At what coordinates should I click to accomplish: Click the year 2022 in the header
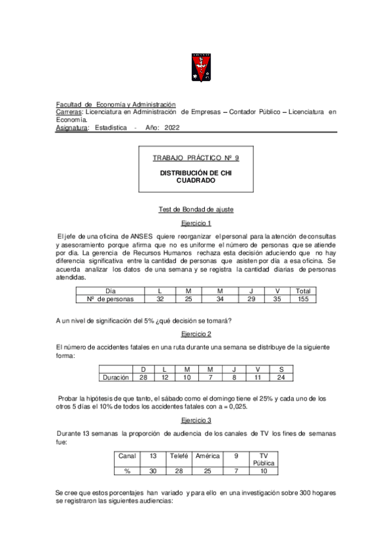(172, 128)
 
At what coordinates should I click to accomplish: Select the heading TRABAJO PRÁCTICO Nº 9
(196, 158)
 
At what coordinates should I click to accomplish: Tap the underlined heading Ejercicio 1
(196, 223)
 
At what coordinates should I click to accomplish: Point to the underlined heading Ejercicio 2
(196, 333)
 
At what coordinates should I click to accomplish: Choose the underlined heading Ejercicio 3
(196, 420)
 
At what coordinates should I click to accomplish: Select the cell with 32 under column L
(160, 299)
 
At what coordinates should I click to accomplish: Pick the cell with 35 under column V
(277, 299)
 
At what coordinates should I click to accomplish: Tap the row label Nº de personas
(110, 299)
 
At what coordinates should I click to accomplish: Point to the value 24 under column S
(281, 378)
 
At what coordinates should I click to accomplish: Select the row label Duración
(116, 378)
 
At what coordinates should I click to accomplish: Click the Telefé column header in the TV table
(179, 455)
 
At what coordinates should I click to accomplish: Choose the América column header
(207, 455)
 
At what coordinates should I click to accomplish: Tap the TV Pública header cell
(264, 459)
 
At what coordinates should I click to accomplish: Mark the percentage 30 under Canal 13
(152, 471)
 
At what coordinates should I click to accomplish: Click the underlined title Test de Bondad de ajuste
(196, 209)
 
